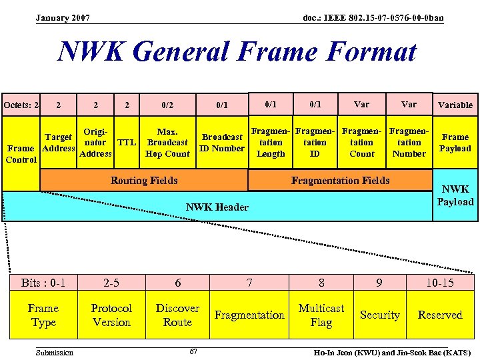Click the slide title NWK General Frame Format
[x=237, y=52]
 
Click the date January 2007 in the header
[x=63, y=17]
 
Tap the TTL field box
[x=127, y=142]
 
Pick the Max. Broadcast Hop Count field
[x=167, y=143]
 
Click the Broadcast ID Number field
[x=222, y=143]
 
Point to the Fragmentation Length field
[x=271, y=143]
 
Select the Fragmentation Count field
[x=362, y=143]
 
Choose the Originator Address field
[x=95, y=142]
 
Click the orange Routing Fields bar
[x=144, y=180]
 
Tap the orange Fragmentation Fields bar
[x=340, y=180]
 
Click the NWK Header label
[x=217, y=207]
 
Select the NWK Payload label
[x=455, y=195]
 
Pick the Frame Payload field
[x=455, y=143]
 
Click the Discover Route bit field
[x=177, y=315]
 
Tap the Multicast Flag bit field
[x=321, y=315]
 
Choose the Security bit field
[x=379, y=315]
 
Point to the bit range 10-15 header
[x=440, y=283]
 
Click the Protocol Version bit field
[x=111, y=315]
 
